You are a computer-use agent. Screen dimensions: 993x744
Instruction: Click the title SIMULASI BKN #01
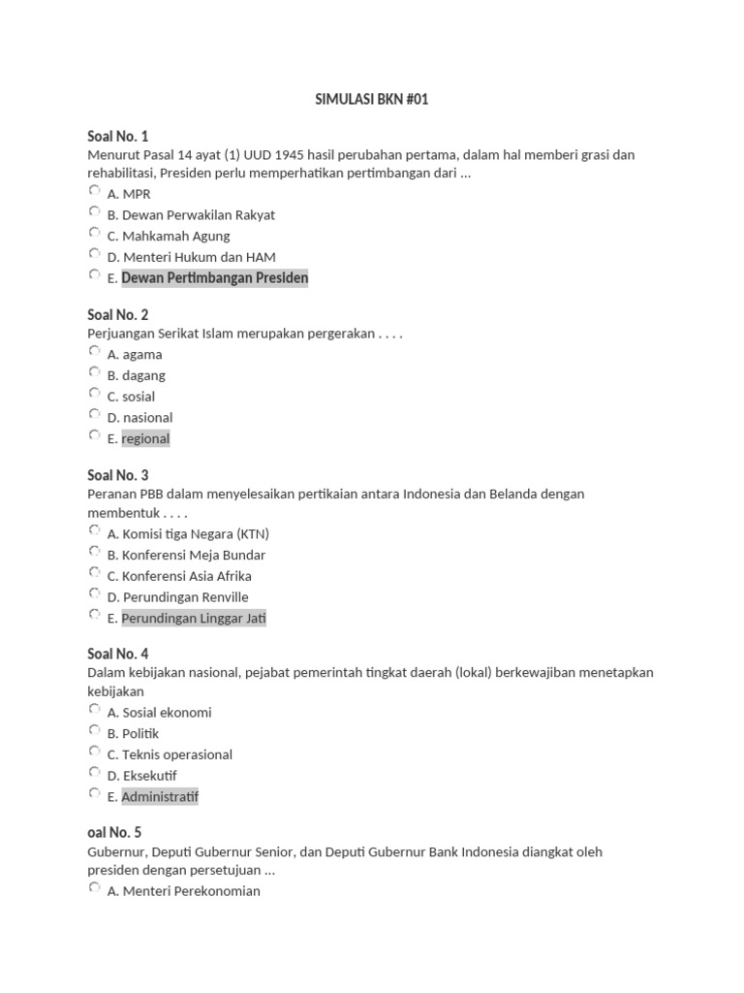tap(372, 100)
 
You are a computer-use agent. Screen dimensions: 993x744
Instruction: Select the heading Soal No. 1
tap(118, 136)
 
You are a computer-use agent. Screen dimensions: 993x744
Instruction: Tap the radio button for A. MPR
tap(94, 191)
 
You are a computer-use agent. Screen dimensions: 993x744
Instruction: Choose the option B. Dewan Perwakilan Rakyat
tap(191, 215)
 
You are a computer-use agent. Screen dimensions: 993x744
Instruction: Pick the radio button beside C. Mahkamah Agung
tap(94, 234)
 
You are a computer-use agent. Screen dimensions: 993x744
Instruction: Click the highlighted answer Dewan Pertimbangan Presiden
tap(214, 278)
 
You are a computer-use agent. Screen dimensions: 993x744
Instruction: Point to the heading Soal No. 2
tap(118, 315)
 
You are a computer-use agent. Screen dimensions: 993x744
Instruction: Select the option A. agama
tap(135, 355)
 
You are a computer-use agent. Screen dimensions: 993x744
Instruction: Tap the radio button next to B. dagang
tap(94, 373)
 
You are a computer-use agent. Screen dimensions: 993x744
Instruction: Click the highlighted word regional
tap(145, 439)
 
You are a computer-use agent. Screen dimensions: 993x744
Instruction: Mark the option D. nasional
tap(139, 418)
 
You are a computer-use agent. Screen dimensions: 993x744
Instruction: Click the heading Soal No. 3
tap(118, 475)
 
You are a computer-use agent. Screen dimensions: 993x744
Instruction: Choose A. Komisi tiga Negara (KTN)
tap(188, 534)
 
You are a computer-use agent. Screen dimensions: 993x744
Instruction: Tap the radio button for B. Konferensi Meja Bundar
tap(94, 553)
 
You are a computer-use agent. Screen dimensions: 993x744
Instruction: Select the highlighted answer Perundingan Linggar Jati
tap(194, 619)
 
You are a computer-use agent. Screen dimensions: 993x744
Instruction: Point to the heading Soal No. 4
tap(118, 654)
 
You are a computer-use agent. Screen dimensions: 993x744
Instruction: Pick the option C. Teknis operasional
tap(170, 754)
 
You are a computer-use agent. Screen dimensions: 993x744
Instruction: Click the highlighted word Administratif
tap(161, 797)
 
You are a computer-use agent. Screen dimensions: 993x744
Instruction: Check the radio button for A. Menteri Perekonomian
tap(94, 888)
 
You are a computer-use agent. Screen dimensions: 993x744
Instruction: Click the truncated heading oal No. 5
tap(114, 833)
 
